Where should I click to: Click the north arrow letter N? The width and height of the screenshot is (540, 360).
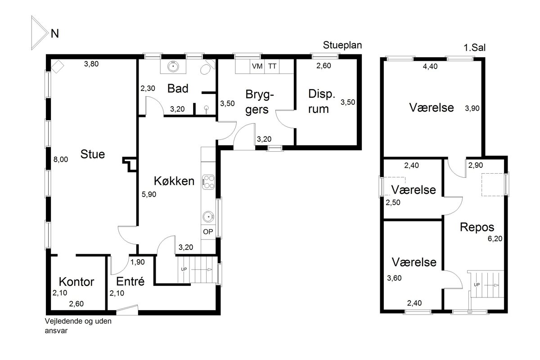coord(55,33)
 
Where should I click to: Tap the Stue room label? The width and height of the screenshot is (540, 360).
coord(93,154)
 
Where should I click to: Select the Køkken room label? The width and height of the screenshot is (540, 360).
coord(174,181)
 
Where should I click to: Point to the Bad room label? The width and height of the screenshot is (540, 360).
coord(178,89)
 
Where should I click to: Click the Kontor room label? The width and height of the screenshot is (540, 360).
coord(76,282)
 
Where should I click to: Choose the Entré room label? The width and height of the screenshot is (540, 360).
coord(130,281)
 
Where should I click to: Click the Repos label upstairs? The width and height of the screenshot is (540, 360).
coord(477,227)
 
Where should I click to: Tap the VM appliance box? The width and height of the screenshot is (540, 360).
coord(257,66)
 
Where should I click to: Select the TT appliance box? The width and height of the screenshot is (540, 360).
coord(272,66)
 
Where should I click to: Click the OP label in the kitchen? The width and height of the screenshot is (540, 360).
coord(208,232)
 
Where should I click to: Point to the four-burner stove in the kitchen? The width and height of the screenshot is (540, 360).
coord(208,182)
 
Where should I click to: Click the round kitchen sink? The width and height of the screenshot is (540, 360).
coord(208,216)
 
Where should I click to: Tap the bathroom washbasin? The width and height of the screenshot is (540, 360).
coord(173,66)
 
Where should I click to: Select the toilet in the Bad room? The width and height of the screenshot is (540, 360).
coord(207,67)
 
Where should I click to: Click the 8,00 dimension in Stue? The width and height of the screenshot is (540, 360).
coord(61,159)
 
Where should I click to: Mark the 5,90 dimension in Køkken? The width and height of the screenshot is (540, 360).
coord(149,194)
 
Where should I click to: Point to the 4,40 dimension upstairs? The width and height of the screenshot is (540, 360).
coord(430,66)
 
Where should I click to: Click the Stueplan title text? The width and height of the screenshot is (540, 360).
coord(342,45)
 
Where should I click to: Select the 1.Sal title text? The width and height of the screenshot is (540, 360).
coord(474,48)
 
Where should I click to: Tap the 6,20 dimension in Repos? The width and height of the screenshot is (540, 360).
coord(495,238)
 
